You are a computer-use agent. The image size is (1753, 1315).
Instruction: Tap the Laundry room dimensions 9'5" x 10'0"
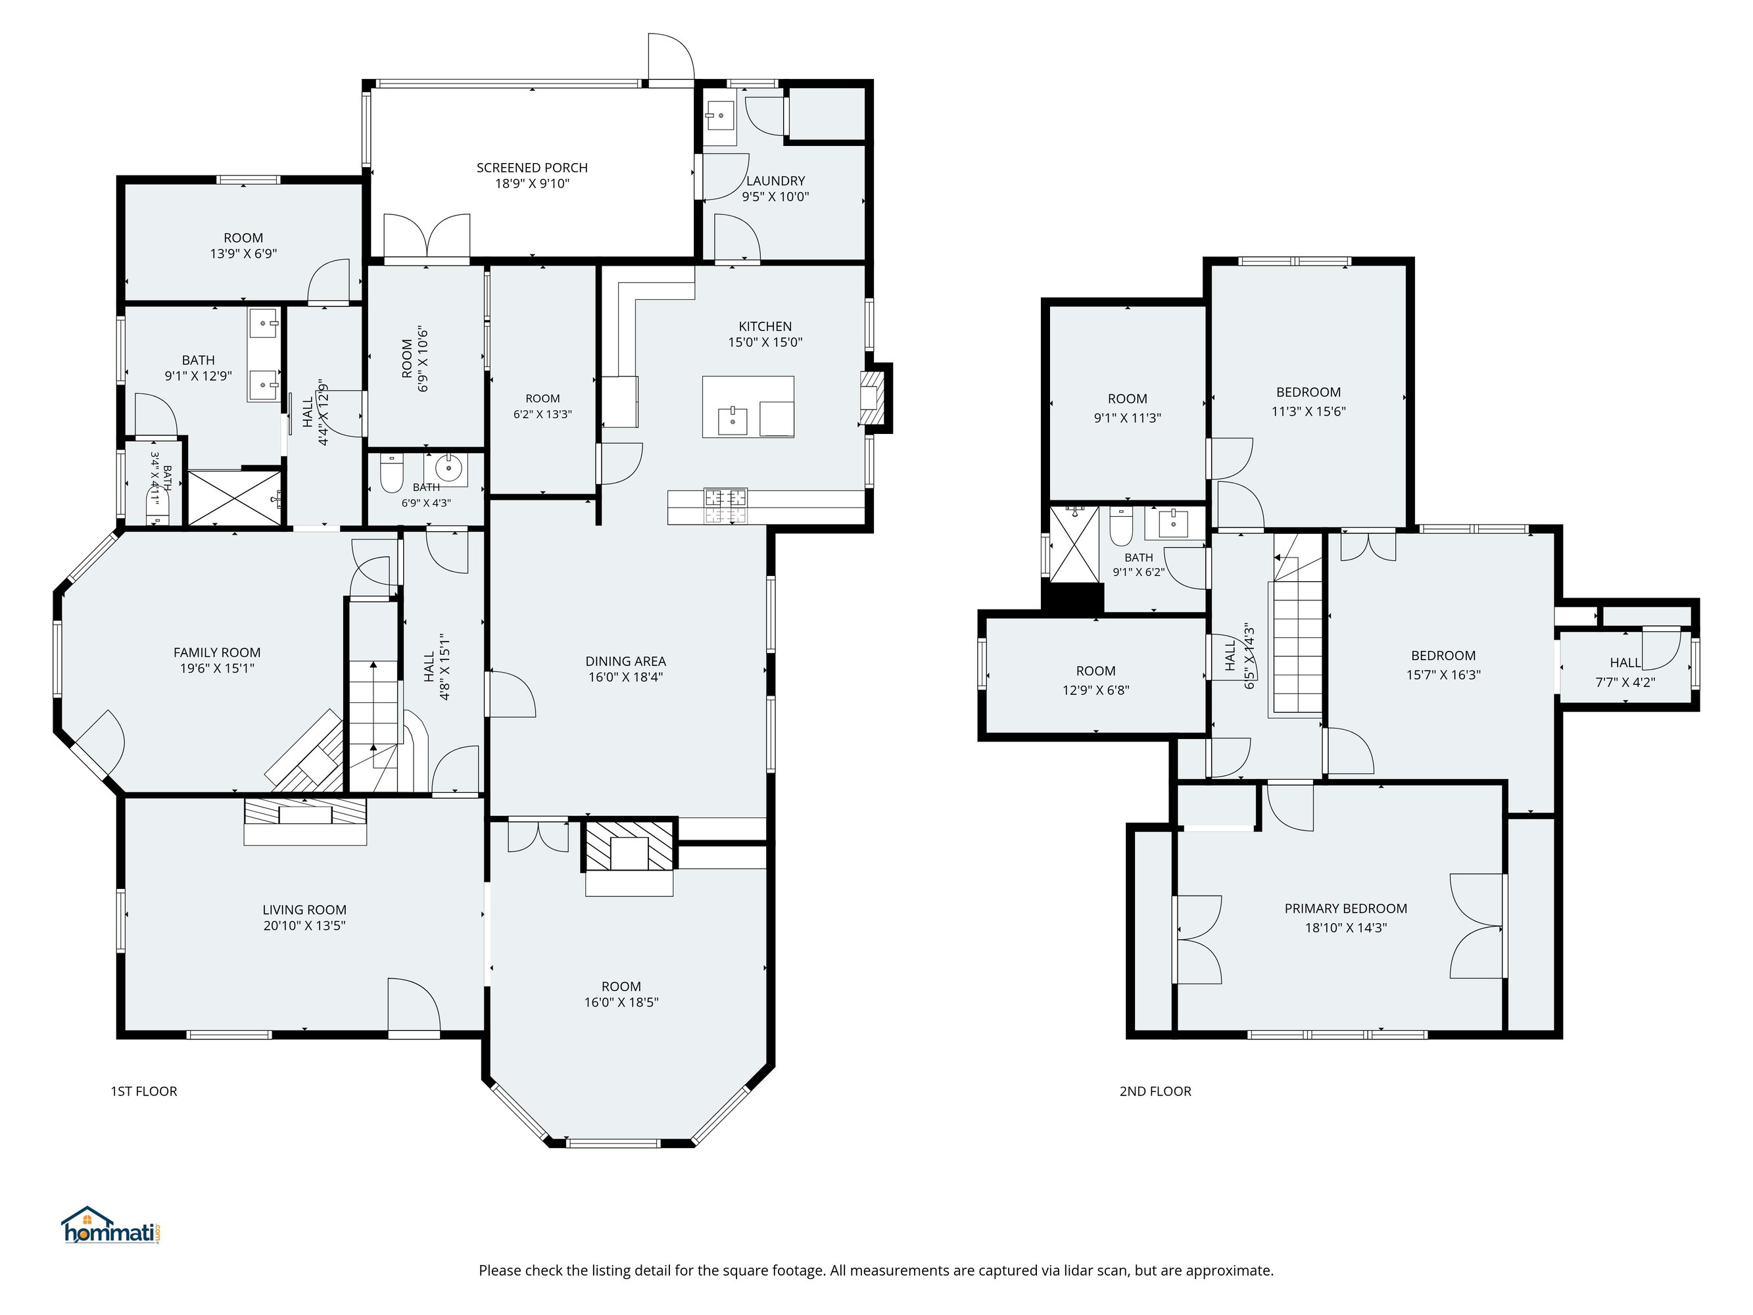coord(775,197)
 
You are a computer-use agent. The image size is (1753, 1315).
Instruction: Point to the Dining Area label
coord(625,661)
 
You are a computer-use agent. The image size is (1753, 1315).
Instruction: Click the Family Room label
coord(217,652)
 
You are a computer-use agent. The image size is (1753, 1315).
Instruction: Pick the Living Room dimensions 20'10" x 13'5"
coord(304,925)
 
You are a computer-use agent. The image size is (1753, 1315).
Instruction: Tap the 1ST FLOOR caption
coord(143,1091)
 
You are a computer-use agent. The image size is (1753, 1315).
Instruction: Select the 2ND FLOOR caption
coord(1155,1091)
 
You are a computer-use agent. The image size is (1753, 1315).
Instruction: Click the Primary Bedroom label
coord(1346,909)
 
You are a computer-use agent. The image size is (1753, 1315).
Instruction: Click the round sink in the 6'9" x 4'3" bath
coord(451,466)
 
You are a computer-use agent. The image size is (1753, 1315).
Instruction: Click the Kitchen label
coord(765,325)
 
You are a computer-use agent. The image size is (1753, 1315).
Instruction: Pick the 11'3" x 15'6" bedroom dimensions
coord(1309,412)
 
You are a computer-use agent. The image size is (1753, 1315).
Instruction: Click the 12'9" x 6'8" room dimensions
coord(1096,690)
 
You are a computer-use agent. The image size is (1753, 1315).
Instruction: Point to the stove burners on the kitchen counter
coord(726,506)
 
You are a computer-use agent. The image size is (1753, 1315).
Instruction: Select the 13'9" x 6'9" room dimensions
coord(243,254)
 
